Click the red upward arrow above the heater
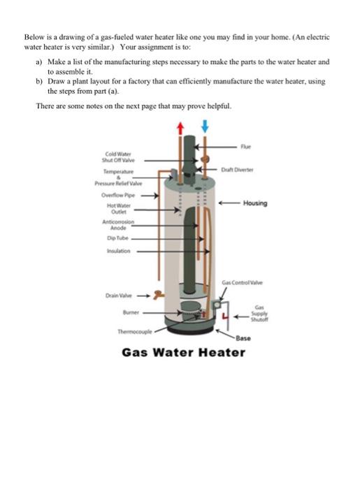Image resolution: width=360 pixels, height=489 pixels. (x=180, y=128)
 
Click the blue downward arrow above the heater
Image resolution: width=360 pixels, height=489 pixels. (x=205, y=126)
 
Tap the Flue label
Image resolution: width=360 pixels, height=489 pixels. (x=245, y=147)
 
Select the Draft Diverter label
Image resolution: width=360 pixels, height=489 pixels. (x=237, y=170)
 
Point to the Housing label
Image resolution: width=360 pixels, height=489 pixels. (x=255, y=203)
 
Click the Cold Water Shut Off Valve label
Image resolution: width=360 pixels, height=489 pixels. (x=118, y=157)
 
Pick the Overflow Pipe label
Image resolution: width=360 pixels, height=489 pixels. (x=118, y=195)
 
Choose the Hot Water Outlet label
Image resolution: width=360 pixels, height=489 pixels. (x=119, y=209)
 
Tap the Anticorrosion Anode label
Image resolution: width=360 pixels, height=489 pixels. (x=118, y=224)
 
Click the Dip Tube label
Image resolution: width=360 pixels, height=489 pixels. (x=117, y=238)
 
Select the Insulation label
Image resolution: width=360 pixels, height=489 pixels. (x=119, y=251)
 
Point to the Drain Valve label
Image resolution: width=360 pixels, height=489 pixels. (x=119, y=295)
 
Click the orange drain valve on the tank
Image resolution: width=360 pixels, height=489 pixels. (x=159, y=295)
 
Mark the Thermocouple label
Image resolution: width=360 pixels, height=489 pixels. (x=135, y=332)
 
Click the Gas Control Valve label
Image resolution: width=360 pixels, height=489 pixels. (x=242, y=282)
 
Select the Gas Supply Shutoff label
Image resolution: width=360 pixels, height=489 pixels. (x=259, y=314)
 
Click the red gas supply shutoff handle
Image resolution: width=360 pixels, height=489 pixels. (x=225, y=316)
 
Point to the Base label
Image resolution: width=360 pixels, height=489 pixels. (x=243, y=338)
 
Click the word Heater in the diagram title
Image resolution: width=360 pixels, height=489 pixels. (x=222, y=352)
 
